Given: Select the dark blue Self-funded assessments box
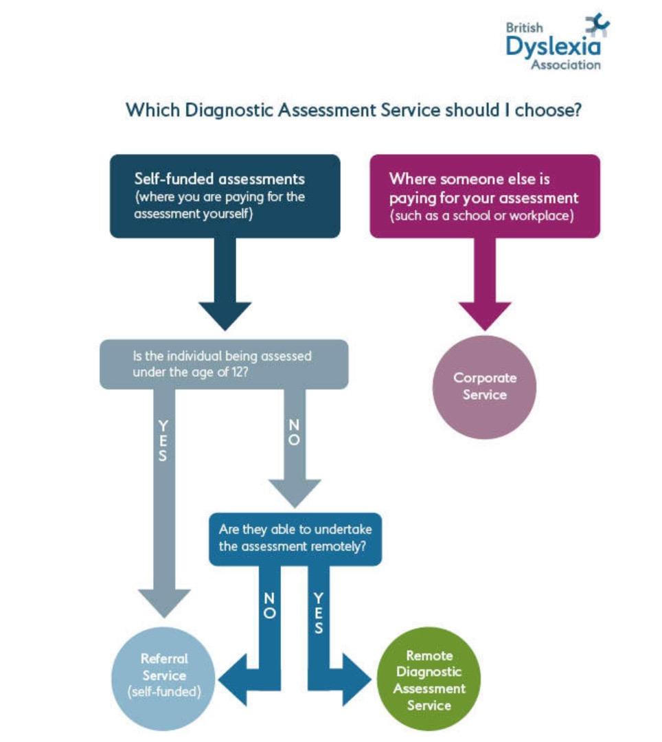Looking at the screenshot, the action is click(x=225, y=196).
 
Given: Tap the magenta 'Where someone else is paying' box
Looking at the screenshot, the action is click(x=485, y=196).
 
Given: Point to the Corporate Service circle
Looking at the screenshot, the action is click(x=485, y=387).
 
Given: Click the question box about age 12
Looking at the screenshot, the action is click(x=224, y=364).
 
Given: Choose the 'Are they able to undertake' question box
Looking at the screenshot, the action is click(x=295, y=539).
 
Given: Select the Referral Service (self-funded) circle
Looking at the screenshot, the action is click(x=163, y=679).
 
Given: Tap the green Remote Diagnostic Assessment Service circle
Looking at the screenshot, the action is click(x=429, y=679).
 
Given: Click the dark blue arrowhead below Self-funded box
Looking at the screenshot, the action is click(x=225, y=315).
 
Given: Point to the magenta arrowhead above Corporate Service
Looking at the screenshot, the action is click(x=485, y=315).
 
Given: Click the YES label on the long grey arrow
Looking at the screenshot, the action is click(x=163, y=440).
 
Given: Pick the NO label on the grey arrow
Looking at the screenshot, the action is click(x=294, y=433).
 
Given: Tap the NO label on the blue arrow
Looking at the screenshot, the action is click(x=269, y=606).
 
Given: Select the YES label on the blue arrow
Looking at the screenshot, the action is click(x=319, y=614).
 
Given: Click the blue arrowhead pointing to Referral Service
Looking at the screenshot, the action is click(x=233, y=680).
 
